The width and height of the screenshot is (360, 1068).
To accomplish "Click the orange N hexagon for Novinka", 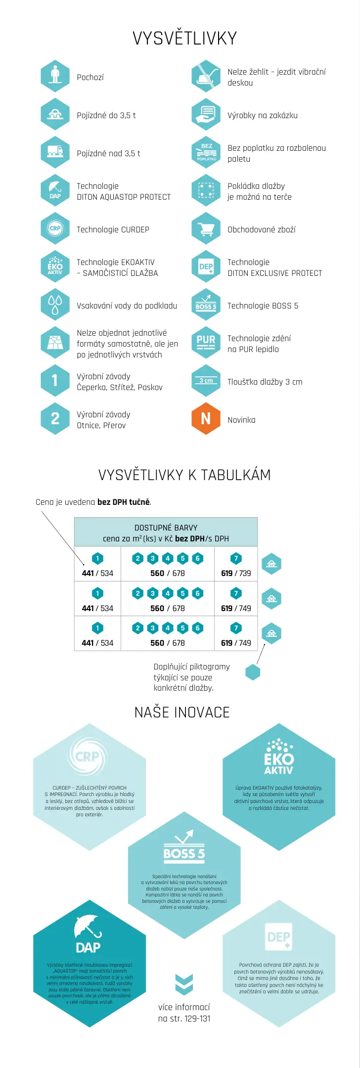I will (x=206, y=419).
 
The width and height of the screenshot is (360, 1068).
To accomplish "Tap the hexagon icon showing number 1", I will (x=55, y=380).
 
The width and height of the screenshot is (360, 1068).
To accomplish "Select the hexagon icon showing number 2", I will (x=55, y=419).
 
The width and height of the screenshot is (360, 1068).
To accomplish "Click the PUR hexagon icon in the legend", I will (x=206, y=342).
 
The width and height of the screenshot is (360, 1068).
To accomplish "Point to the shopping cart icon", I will (x=206, y=229).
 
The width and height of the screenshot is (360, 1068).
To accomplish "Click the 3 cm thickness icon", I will (x=206, y=381).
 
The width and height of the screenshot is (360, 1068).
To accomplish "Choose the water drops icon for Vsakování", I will (x=55, y=304).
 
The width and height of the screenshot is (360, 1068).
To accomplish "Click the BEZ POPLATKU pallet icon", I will (x=206, y=152).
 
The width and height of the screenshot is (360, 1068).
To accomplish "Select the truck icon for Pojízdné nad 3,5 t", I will (x=55, y=152).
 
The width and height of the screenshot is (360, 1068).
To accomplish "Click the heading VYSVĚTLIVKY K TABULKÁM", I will (x=184, y=475).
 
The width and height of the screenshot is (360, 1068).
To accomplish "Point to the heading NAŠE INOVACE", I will (x=182, y=712).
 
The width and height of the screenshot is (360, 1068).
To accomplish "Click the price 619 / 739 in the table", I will (x=236, y=573).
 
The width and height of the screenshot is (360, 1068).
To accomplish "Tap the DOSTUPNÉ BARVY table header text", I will (x=166, y=528).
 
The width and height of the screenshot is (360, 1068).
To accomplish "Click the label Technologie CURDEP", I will (x=113, y=229).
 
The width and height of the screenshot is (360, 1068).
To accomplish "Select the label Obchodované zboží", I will (x=261, y=229).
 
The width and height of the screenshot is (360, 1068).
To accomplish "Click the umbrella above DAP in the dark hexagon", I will (x=88, y=926).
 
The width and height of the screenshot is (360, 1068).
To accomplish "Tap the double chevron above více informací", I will (x=184, y=983).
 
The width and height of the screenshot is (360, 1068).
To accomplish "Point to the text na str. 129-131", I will (x=184, y=1018).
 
